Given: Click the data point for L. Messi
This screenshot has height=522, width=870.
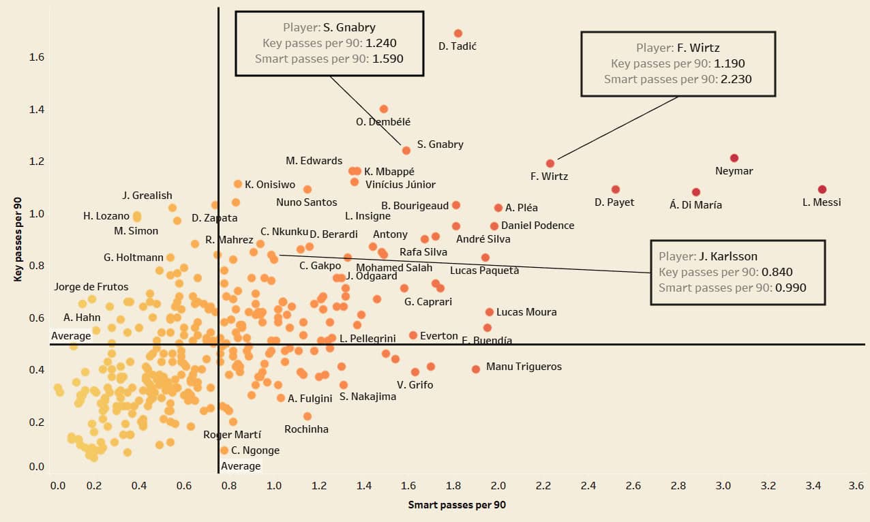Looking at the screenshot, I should (822, 189).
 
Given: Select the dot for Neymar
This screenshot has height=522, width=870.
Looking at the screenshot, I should (734, 158).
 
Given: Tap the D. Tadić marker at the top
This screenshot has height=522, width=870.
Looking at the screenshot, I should (458, 33).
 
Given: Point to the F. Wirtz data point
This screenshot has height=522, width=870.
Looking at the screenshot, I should (550, 164).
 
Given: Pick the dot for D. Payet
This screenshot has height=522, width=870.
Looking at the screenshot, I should (616, 189).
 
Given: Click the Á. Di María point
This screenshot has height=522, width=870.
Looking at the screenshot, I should (696, 192).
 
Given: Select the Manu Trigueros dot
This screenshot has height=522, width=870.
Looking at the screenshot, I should (476, 369).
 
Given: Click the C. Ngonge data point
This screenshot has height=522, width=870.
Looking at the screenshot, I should (224, 450).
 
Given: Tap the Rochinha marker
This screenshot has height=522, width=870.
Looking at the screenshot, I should (307, 416).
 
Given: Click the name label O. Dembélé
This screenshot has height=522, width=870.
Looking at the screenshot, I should (383, 122).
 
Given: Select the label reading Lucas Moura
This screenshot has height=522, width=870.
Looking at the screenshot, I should (526, 312).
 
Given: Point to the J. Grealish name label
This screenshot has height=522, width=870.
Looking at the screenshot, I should (147, 196).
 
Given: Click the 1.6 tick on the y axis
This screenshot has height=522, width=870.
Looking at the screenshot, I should (36, 57).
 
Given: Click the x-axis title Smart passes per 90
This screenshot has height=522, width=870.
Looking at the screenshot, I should (457, 505).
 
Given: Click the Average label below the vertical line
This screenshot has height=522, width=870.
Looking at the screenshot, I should (241, 466).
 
